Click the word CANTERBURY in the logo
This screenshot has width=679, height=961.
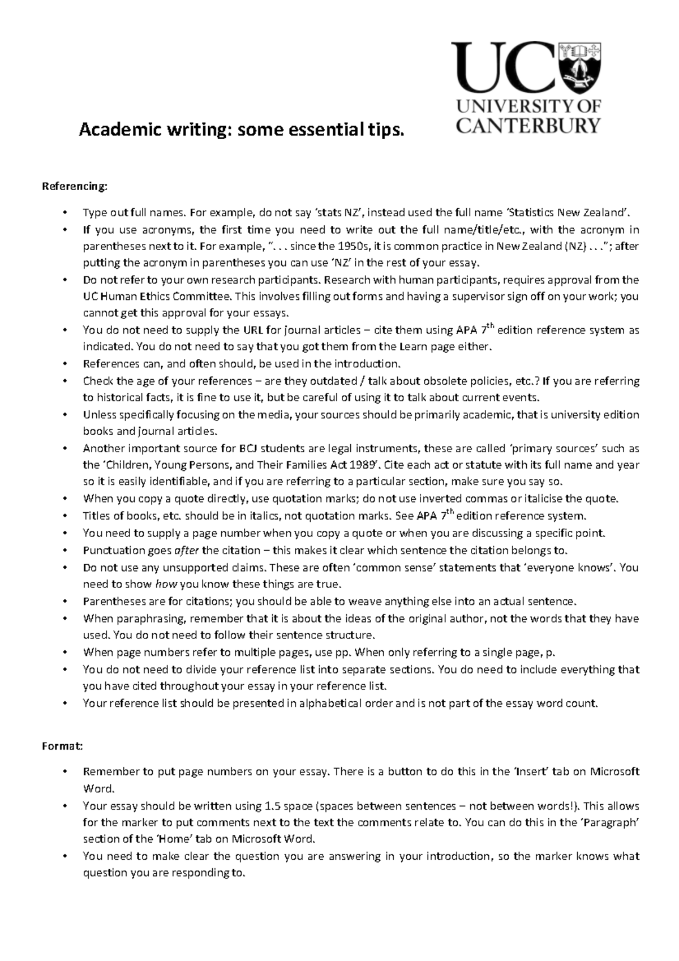click(x=528, y=125)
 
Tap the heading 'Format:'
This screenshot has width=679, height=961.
click(x=63, y=746)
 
